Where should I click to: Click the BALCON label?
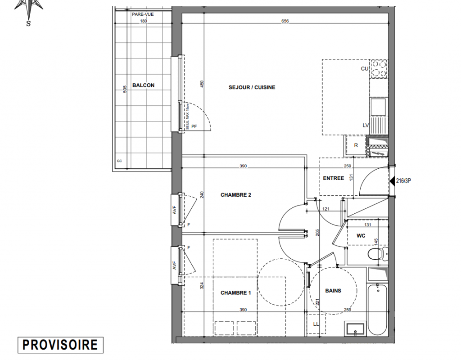pos(143,85)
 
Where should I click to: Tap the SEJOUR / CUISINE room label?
pos(252,87)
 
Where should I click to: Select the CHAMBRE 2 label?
pos(236,195)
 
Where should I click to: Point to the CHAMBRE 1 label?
pos(236,292)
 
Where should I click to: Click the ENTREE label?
pos(334,178)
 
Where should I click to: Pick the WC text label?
pos(361,236)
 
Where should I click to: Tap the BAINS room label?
pos(333,291)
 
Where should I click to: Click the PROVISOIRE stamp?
pos(60,345)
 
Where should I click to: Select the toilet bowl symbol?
pos(378,254)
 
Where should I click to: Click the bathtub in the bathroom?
pos(377,309)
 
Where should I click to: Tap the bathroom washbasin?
pos(355,329)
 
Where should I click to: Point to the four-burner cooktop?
pos(379,68)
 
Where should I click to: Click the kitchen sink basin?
pos(378,107)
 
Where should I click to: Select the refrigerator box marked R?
pos(356,145)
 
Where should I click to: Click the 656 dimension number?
pos(285,21)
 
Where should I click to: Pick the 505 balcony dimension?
pos(125,89)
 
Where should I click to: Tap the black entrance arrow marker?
pos(392,181)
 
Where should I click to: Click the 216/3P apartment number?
pos(403,181)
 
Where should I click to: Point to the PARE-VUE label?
pos(143,14)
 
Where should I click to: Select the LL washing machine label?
pos(316,324)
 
